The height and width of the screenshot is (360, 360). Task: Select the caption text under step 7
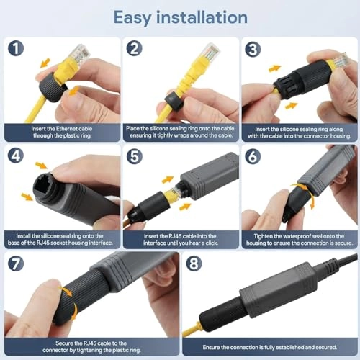pyautogui.click(x=89, y=344)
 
